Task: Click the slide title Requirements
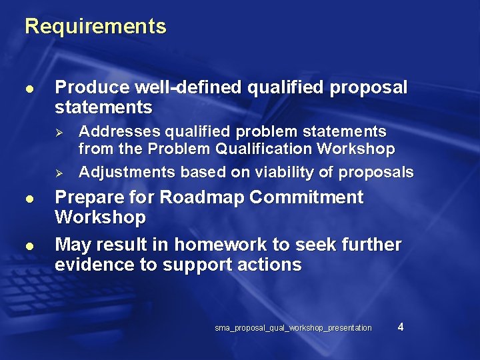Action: (95, 27)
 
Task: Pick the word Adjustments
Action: (127, 172)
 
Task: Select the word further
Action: (373, 245)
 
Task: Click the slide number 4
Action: (400, 326)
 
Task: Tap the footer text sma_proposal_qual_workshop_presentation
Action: (293, 328)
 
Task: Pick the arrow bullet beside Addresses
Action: (59, 131)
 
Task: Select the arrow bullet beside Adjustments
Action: (59, 173)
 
